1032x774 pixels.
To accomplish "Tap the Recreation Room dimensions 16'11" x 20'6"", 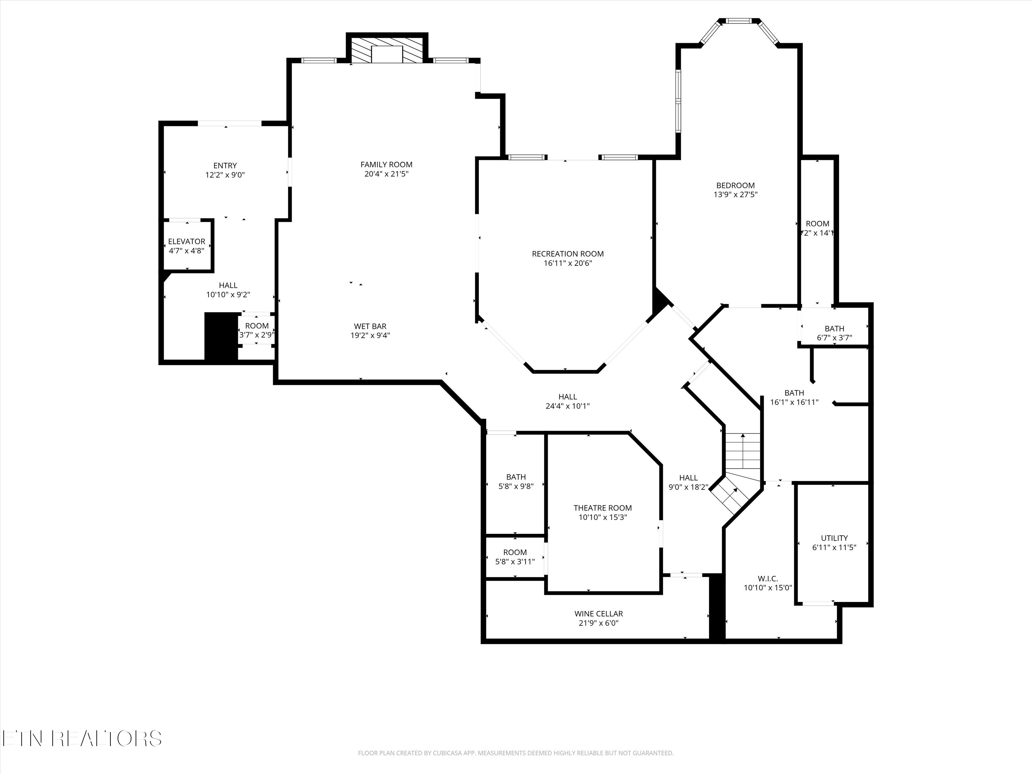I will click(x=568, y=263).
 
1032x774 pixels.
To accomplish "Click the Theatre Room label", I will click(x=602, y=508).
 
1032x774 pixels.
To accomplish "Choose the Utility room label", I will click(x=834, y=538).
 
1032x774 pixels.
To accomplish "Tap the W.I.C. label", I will click(x=768, y=579).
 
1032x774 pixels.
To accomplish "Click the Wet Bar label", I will click(x=370, y=326).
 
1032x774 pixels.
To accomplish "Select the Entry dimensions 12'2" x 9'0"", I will click(x=225, y=175).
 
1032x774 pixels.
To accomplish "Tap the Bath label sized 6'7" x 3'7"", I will click(x=834, y=329).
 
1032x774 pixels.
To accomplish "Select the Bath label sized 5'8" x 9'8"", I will click(x=516, y=477).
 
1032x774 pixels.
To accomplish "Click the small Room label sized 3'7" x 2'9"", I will click(x=257, y=326).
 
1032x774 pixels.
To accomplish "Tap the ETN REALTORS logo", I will click(x=82, y=739).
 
